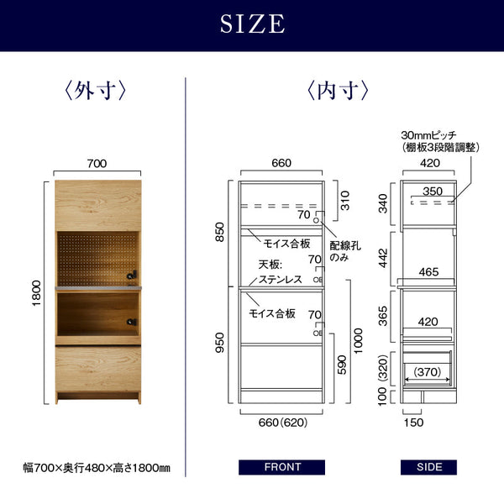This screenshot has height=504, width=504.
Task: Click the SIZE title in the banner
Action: (252, 24)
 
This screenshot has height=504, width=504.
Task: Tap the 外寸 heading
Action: (96, 91)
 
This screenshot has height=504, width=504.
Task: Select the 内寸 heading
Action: (339, 91)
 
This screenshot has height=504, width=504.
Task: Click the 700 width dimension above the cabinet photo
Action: (97, 164)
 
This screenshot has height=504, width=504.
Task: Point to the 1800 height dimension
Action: (37, 293)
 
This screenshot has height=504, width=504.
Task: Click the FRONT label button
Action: (282, 467)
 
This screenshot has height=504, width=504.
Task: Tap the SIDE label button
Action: (428, 467)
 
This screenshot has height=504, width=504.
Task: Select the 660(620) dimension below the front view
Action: (283, 423)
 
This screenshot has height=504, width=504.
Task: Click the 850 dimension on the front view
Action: (219, 232)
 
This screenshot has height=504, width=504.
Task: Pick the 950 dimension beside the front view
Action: (219, 343)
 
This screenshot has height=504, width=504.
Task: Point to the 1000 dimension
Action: (358, 341)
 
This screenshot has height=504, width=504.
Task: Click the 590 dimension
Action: (342, 365)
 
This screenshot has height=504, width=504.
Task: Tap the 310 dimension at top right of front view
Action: (345, 200)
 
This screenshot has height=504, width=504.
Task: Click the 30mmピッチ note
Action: (428, 135)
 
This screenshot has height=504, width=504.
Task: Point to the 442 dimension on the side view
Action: (384, 258)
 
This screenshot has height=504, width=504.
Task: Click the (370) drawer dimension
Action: (428, 372)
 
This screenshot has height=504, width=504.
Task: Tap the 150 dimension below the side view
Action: (413, 423)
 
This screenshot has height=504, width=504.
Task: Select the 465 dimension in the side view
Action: (428, 272)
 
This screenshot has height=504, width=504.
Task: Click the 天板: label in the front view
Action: (270, 265)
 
